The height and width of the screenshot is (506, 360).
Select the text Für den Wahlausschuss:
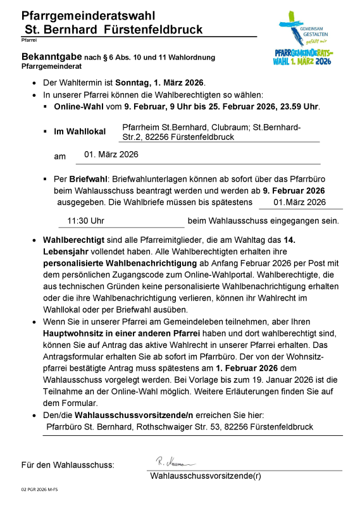click(68, 466)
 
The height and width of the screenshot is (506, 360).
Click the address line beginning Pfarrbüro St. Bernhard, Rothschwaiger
click(180, 426)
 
